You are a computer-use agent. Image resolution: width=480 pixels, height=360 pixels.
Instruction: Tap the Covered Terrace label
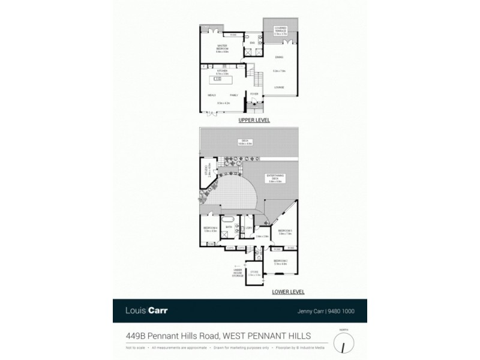[280, 29]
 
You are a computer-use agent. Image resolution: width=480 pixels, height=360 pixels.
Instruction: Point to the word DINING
[278, 57]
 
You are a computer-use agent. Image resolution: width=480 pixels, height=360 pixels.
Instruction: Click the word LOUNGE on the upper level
[279, 88]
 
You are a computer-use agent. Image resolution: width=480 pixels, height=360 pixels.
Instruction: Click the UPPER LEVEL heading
[254, 121]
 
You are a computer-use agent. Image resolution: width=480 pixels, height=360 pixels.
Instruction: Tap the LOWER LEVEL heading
[287, 292]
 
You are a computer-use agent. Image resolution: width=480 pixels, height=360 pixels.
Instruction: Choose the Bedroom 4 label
[210, 228]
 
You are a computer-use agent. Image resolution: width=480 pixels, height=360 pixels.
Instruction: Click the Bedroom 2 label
[281, 260]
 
